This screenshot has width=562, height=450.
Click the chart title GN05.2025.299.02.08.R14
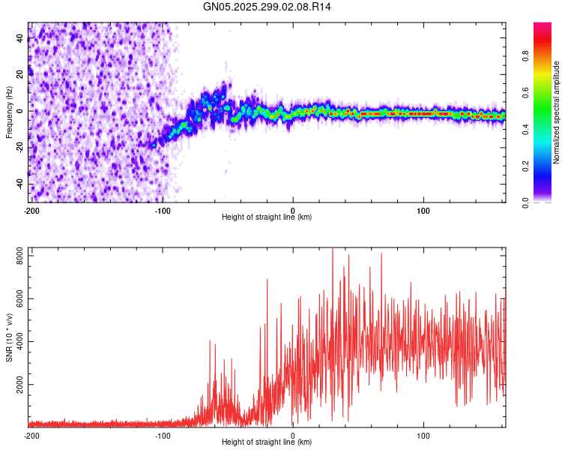pos(268,7)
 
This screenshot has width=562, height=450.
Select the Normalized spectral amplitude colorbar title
pos(557,112)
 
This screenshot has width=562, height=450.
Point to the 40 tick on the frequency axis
pos(20,38)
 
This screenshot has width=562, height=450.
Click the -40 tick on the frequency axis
pos(20,184)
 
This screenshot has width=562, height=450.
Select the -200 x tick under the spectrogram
pos(31,211)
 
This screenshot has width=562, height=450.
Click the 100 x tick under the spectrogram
pos(423,211)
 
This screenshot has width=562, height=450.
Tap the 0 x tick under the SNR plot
pos(293,436)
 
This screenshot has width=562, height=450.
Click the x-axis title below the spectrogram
pos(267,217)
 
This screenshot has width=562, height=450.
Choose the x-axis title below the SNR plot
pos(267,442)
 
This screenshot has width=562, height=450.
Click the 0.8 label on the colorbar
pos(526,55)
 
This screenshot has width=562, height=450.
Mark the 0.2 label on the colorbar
pos(526,166)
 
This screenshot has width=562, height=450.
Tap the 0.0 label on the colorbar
pos(526,202)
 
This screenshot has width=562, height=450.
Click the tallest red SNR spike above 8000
pos(333,250)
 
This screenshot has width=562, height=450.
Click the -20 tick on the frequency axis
pos(20,148)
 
